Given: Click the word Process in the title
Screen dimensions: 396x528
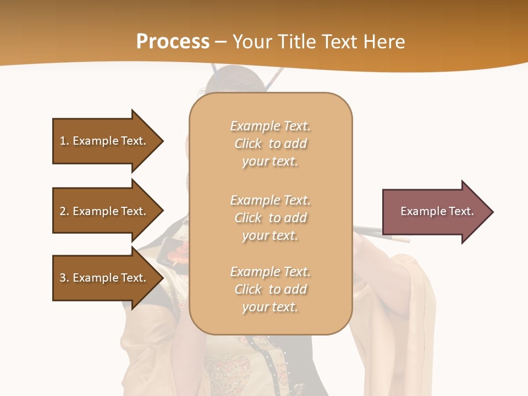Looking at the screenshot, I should (x=173, y=41).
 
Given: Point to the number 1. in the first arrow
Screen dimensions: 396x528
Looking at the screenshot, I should (x=64, y=141).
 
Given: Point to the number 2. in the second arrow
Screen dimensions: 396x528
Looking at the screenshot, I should (x=64, y=211).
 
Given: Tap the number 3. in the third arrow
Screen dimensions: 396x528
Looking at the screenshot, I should (x=64, y=278).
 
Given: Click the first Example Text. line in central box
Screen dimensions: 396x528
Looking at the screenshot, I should (x=270, y=126).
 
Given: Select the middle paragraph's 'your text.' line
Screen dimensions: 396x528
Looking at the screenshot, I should (x=270, y=235).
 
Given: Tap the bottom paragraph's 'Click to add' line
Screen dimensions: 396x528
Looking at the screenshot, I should (x=270, y=289).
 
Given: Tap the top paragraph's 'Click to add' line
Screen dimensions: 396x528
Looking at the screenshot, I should (x=270, y=144).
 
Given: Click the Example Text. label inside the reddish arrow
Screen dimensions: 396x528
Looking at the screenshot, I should (x=437, y=211).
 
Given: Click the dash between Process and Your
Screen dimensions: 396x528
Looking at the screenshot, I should (x=221, y=42).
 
